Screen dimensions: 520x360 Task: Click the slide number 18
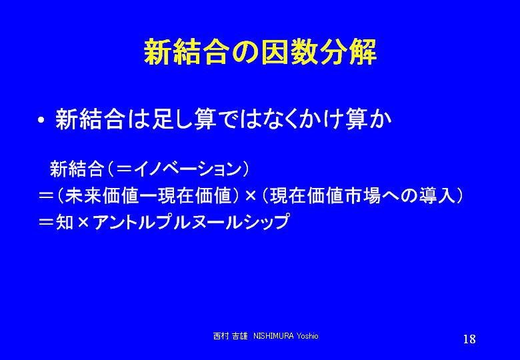click(469, 339)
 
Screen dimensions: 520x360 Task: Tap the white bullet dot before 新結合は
click(41, 120)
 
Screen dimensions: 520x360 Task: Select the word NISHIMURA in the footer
click(273, 336)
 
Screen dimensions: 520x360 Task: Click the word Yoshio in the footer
click(307, 336)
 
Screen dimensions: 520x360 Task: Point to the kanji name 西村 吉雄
click(230, 336)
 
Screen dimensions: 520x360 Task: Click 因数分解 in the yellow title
click(319, 53)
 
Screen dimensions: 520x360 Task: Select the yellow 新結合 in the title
click(187, 53)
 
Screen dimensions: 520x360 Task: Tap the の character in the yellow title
click(245, 53)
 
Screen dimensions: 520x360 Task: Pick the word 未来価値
click(101, 196)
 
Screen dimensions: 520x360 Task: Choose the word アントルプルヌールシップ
click(191, 222)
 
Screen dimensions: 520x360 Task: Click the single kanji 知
click(65, 222)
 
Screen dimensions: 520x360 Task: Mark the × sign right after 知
click(83, 222)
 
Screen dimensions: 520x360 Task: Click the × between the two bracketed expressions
click(251, 196)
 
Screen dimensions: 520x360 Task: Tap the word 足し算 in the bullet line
click(184, 119)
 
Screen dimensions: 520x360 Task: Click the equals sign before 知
click(46, 222)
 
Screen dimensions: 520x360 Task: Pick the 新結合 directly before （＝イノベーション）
click(77, 169)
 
